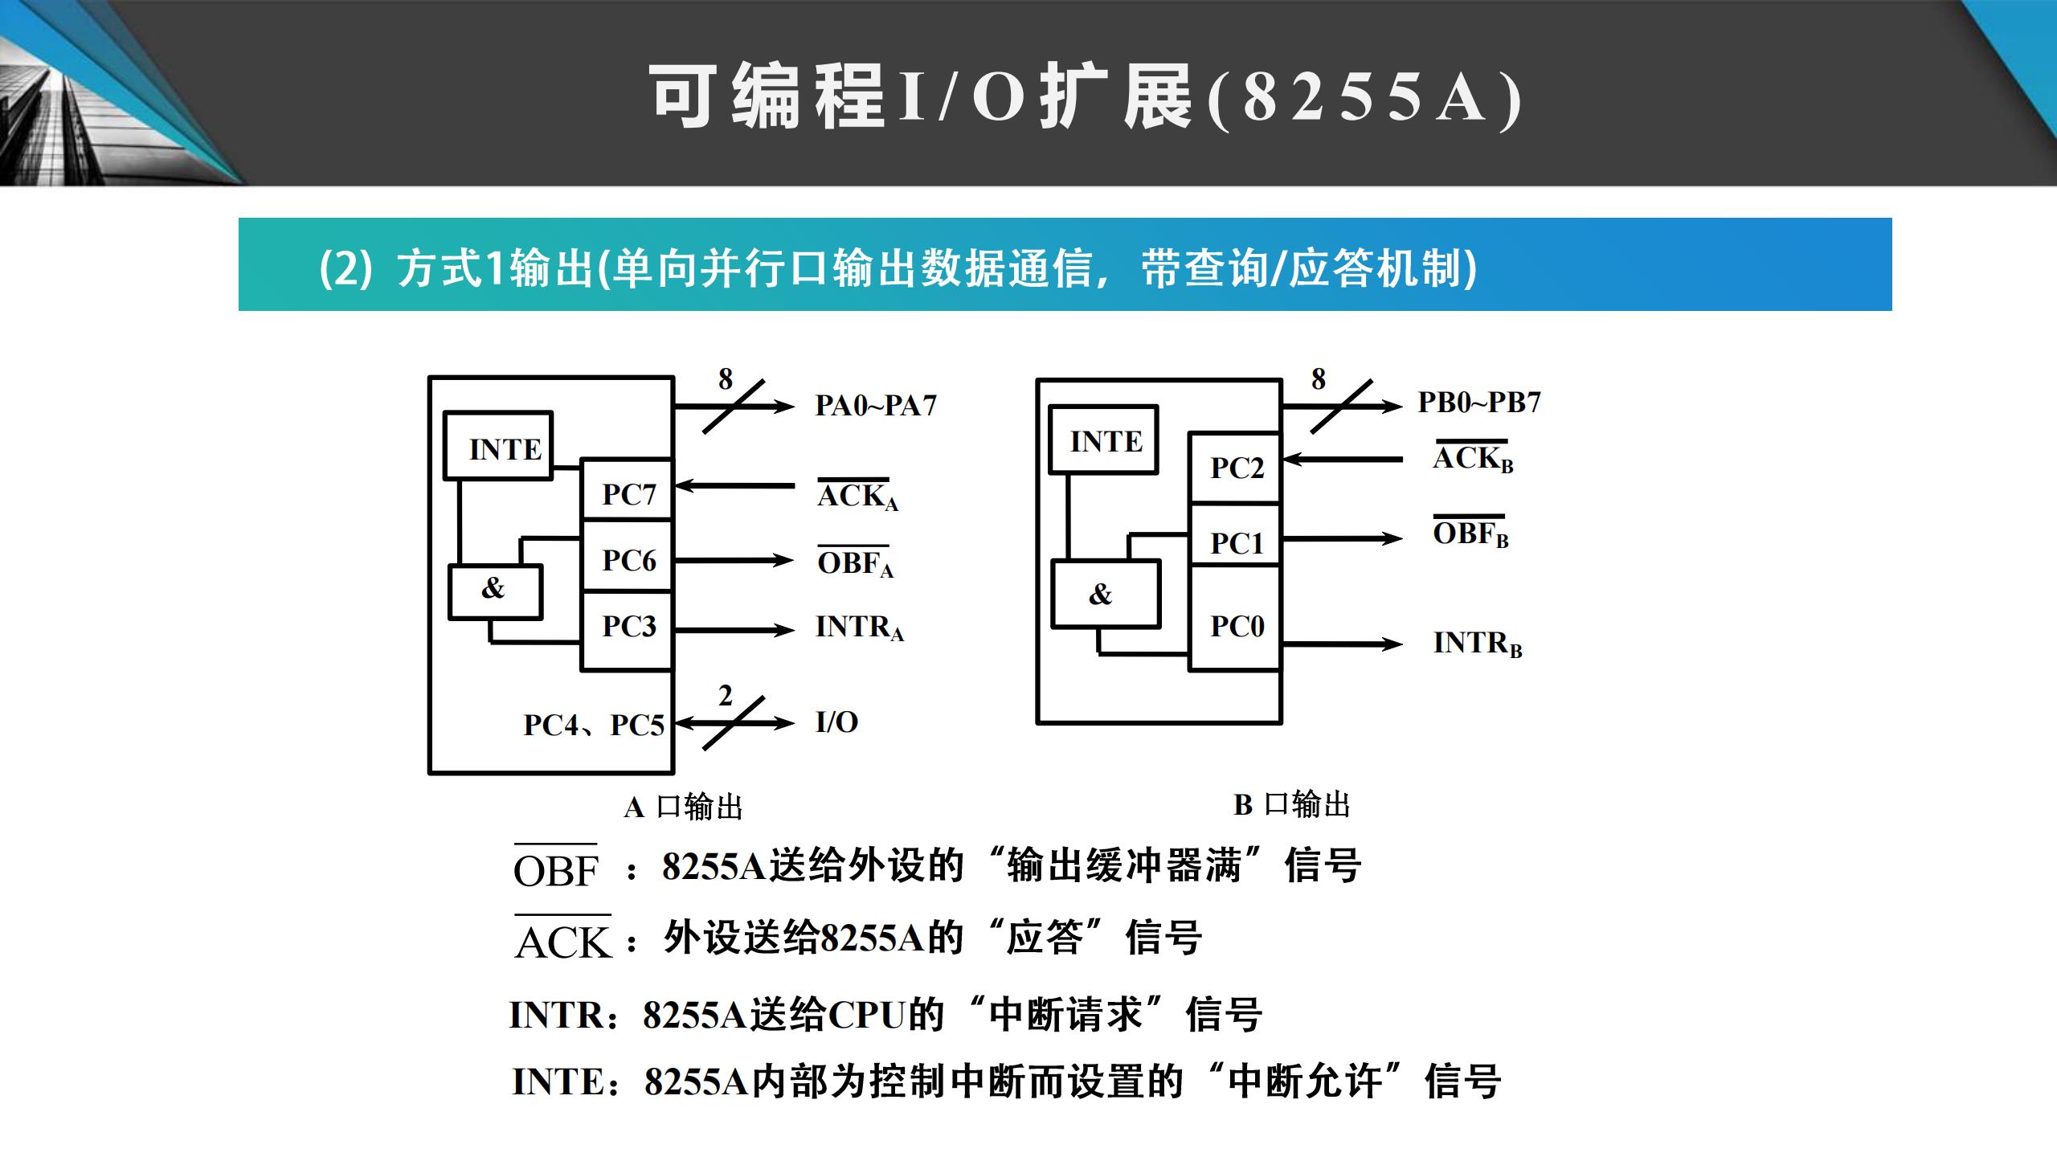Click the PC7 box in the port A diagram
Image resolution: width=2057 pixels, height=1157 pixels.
(x=628, y=492)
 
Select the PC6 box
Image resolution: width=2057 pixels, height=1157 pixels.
(x=628, y=558)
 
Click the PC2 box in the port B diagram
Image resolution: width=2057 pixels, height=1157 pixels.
(x=1236, y=468)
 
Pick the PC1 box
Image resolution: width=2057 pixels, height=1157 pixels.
(x=1236, y=542)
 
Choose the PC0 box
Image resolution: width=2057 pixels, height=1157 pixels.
(x=1236, y=625)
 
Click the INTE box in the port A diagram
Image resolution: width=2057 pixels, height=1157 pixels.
(x=499, y=447)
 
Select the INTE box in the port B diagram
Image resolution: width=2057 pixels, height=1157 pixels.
(x=1105, y=440)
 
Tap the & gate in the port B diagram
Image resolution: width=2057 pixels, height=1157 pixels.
(x=1106, y=595)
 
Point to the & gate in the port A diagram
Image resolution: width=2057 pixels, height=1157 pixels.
(x=495, y=591)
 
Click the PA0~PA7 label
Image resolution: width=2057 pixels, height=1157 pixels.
(x=876, y=405)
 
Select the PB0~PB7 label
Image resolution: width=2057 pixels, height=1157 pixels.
(x=1478, y=402)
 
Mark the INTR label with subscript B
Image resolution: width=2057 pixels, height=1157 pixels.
(x=1477, y=643)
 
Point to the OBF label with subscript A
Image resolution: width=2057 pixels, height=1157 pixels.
(x=855, y=562)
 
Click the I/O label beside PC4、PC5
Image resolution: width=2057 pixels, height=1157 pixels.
(x=836, y=722)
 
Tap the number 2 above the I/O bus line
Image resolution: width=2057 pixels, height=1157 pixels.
(x=725, y=696)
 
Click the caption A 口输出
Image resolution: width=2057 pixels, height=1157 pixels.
(x=683, y=807)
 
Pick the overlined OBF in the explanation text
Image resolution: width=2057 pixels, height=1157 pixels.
(x=556, y=869)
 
